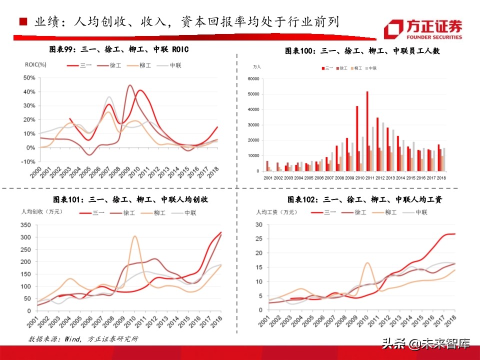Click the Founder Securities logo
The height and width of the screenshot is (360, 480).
[423, 29]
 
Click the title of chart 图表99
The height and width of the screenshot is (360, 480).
[118, 49]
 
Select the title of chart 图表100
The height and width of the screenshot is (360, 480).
[362, 51]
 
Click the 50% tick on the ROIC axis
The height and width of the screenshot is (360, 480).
[29, 78]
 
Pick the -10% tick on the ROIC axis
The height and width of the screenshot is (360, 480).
[28, 161]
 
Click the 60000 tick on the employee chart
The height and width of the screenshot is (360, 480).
[252, 79]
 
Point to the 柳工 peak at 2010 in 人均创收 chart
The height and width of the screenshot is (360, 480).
[134, 236]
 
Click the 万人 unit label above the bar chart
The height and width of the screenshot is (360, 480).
[257, 66]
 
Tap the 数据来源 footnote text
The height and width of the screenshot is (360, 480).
[82, 338]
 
